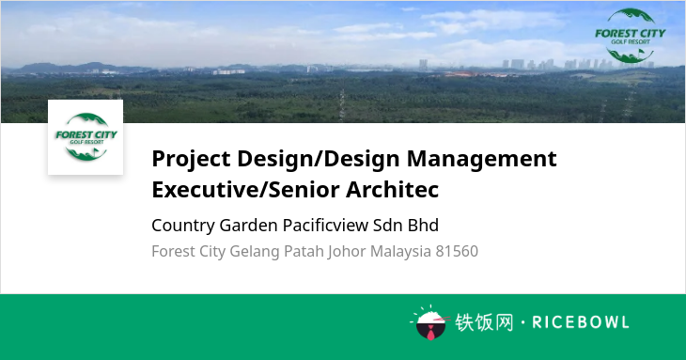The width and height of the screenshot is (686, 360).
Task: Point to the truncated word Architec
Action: pos(393,190)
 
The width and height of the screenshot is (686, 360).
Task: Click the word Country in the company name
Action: pos(183,226)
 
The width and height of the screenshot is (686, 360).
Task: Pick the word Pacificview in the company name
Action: pos(325,226)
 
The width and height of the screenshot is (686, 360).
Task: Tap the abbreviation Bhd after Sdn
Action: pos(423,226)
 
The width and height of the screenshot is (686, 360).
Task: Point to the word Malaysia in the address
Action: pos(400,252)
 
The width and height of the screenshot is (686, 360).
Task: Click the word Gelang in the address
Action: pos(255,252)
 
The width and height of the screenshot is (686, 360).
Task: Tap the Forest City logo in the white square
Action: pos(86,137)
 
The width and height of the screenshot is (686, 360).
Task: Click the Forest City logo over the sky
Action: pos(631,36)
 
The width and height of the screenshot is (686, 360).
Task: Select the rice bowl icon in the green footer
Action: pos(430,322)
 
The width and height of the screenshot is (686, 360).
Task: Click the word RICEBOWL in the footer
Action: pos(581,322)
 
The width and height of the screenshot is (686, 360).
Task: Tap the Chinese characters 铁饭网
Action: pos(484,322)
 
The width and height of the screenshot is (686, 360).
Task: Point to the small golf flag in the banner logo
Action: pos(642,54)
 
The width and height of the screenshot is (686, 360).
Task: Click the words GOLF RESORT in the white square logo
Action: pos(86,142)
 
